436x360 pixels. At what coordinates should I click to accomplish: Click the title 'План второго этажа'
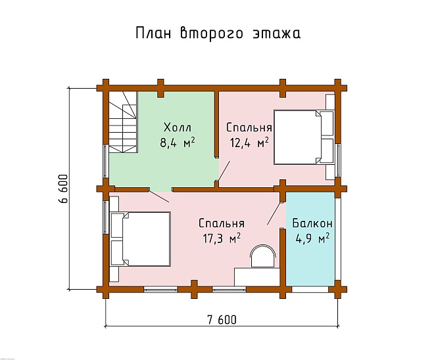tap(218, 34)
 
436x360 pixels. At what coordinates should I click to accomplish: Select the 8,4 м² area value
tap(179, 142)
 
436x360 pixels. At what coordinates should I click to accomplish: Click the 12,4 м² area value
tap(249, 142)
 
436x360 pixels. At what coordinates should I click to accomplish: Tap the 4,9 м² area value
tap(311, 237)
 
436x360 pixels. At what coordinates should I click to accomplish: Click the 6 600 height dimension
tap(63, 190)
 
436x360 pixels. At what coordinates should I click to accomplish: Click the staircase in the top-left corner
tap(122, 122)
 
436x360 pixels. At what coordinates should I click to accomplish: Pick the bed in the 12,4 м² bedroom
tap(303, 137)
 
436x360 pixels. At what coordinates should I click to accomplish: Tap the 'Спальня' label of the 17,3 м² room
tap(221, 223)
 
